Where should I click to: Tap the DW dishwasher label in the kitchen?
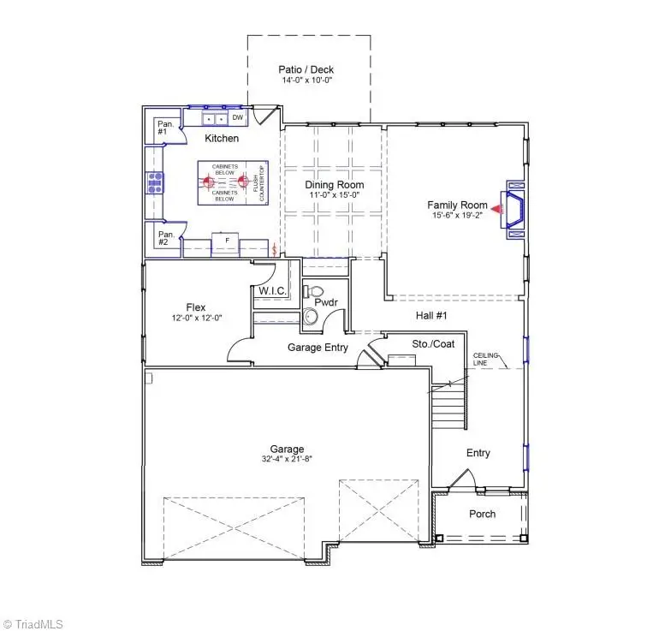tap(238, 117)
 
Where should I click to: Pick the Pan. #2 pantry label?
tap(166, 238)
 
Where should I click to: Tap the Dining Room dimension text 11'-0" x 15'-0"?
tap(335, 196)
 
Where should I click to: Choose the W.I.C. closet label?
tap(274, 292)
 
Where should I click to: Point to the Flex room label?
tap(196, 307)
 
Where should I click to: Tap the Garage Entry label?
tap(317, 347)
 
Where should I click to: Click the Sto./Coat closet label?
tap(432, 344)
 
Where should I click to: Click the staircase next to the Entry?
tap(448, 406)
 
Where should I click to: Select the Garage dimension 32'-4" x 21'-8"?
tap(288, 459)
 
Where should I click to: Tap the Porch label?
tap(482, 514)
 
